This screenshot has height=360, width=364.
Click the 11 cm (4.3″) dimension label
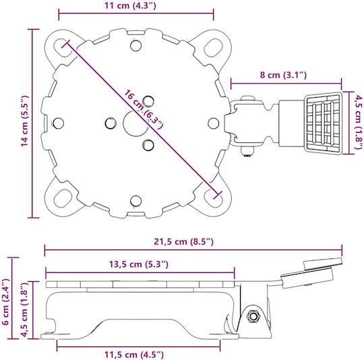[x=130, y=5]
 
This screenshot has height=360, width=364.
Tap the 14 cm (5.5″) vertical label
[x=25, y=121]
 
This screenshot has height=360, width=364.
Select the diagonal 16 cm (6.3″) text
[x=144, y=109]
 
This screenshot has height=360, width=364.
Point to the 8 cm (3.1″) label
[x=283, y=75]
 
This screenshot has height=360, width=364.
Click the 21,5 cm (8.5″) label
[x=183, y=241]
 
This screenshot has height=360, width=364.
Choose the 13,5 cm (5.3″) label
[x=139, y=264]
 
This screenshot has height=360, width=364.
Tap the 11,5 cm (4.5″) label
[x=134, y=355]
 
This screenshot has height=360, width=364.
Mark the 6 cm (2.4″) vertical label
[x=5, y=302]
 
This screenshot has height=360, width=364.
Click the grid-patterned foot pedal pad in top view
[x=323, y=123]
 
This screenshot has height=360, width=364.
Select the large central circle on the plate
[x=135, y=123]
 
